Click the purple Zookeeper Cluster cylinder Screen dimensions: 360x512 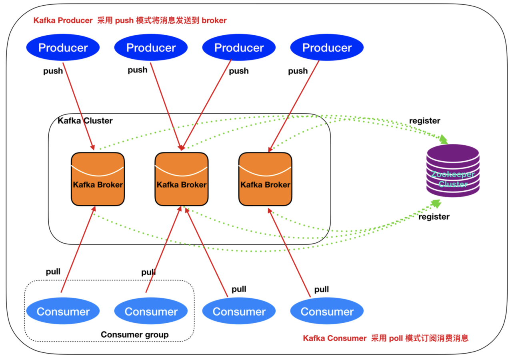click(453, 171)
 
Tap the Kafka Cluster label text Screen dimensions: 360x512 click(85, 120)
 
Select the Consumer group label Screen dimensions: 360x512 click(134, 334)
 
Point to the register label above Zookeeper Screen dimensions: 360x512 click(424, 120)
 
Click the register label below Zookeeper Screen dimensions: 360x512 click(434, 217)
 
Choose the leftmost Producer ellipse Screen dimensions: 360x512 click(63, 48)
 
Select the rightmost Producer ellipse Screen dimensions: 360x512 click(327, 48)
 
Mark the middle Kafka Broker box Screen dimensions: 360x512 click(181, 179)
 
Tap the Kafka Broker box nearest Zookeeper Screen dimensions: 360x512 click(265, 179)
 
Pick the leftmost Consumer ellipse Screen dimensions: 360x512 click(63, 312)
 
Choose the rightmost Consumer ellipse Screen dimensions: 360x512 click(327, 312)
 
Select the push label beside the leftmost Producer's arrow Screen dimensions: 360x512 click(53, 71)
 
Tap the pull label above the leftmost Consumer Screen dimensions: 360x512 click(53, 272)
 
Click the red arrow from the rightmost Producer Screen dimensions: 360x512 click(294, 106)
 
